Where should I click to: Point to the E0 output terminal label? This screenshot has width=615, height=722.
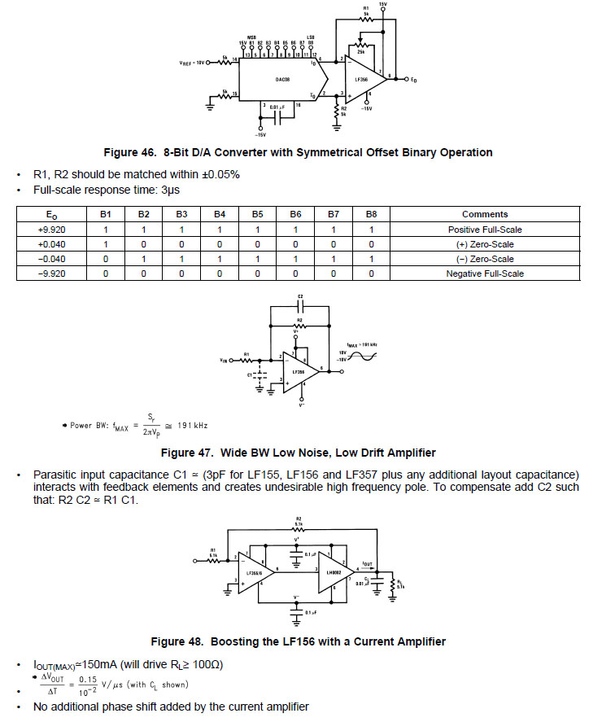pyautogui.click(x=414, y=79)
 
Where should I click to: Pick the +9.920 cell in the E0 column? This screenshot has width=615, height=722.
pyautogui.click(x=52, y=230)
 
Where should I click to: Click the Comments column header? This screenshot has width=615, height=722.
pyautogui.click(x=484, y=215)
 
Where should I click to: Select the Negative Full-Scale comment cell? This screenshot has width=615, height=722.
pyautogui.click(x=484, y=273)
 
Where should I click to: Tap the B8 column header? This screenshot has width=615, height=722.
pyautogui.click(x=371, y=215)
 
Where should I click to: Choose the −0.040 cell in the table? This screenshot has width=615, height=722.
pyautogui.click(x=52, y=259)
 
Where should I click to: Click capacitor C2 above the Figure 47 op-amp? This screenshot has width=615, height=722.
pyautogui.click(x=300, y=306)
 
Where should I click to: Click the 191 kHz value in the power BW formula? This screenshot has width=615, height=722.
pyautogui.click(x=192, y=425)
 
